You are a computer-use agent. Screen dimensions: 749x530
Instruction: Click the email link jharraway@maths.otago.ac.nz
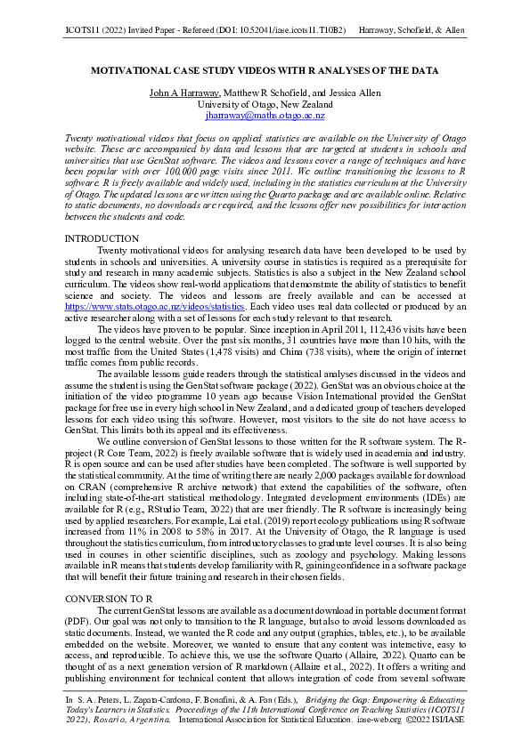pos(265,116)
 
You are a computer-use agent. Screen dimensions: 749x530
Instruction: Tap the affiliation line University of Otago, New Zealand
pos(265,104)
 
